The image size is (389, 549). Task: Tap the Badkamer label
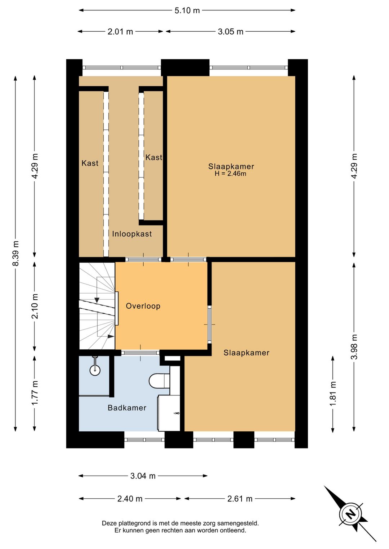coord(127,408)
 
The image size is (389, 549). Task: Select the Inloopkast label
coord(132,234)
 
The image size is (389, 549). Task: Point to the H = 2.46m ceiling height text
coord(231,174)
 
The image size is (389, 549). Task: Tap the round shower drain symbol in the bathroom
coord(95,370)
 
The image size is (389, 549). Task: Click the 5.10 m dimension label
coord(187,10)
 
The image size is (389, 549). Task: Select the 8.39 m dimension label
coord(16,253)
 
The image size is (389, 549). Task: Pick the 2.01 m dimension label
coord(120,32)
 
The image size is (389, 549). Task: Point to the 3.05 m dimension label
coord(231,32)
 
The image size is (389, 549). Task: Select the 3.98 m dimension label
coord(354,346)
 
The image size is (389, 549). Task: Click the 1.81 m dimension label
coord(333,393)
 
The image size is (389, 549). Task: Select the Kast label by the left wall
coord(90,163)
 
